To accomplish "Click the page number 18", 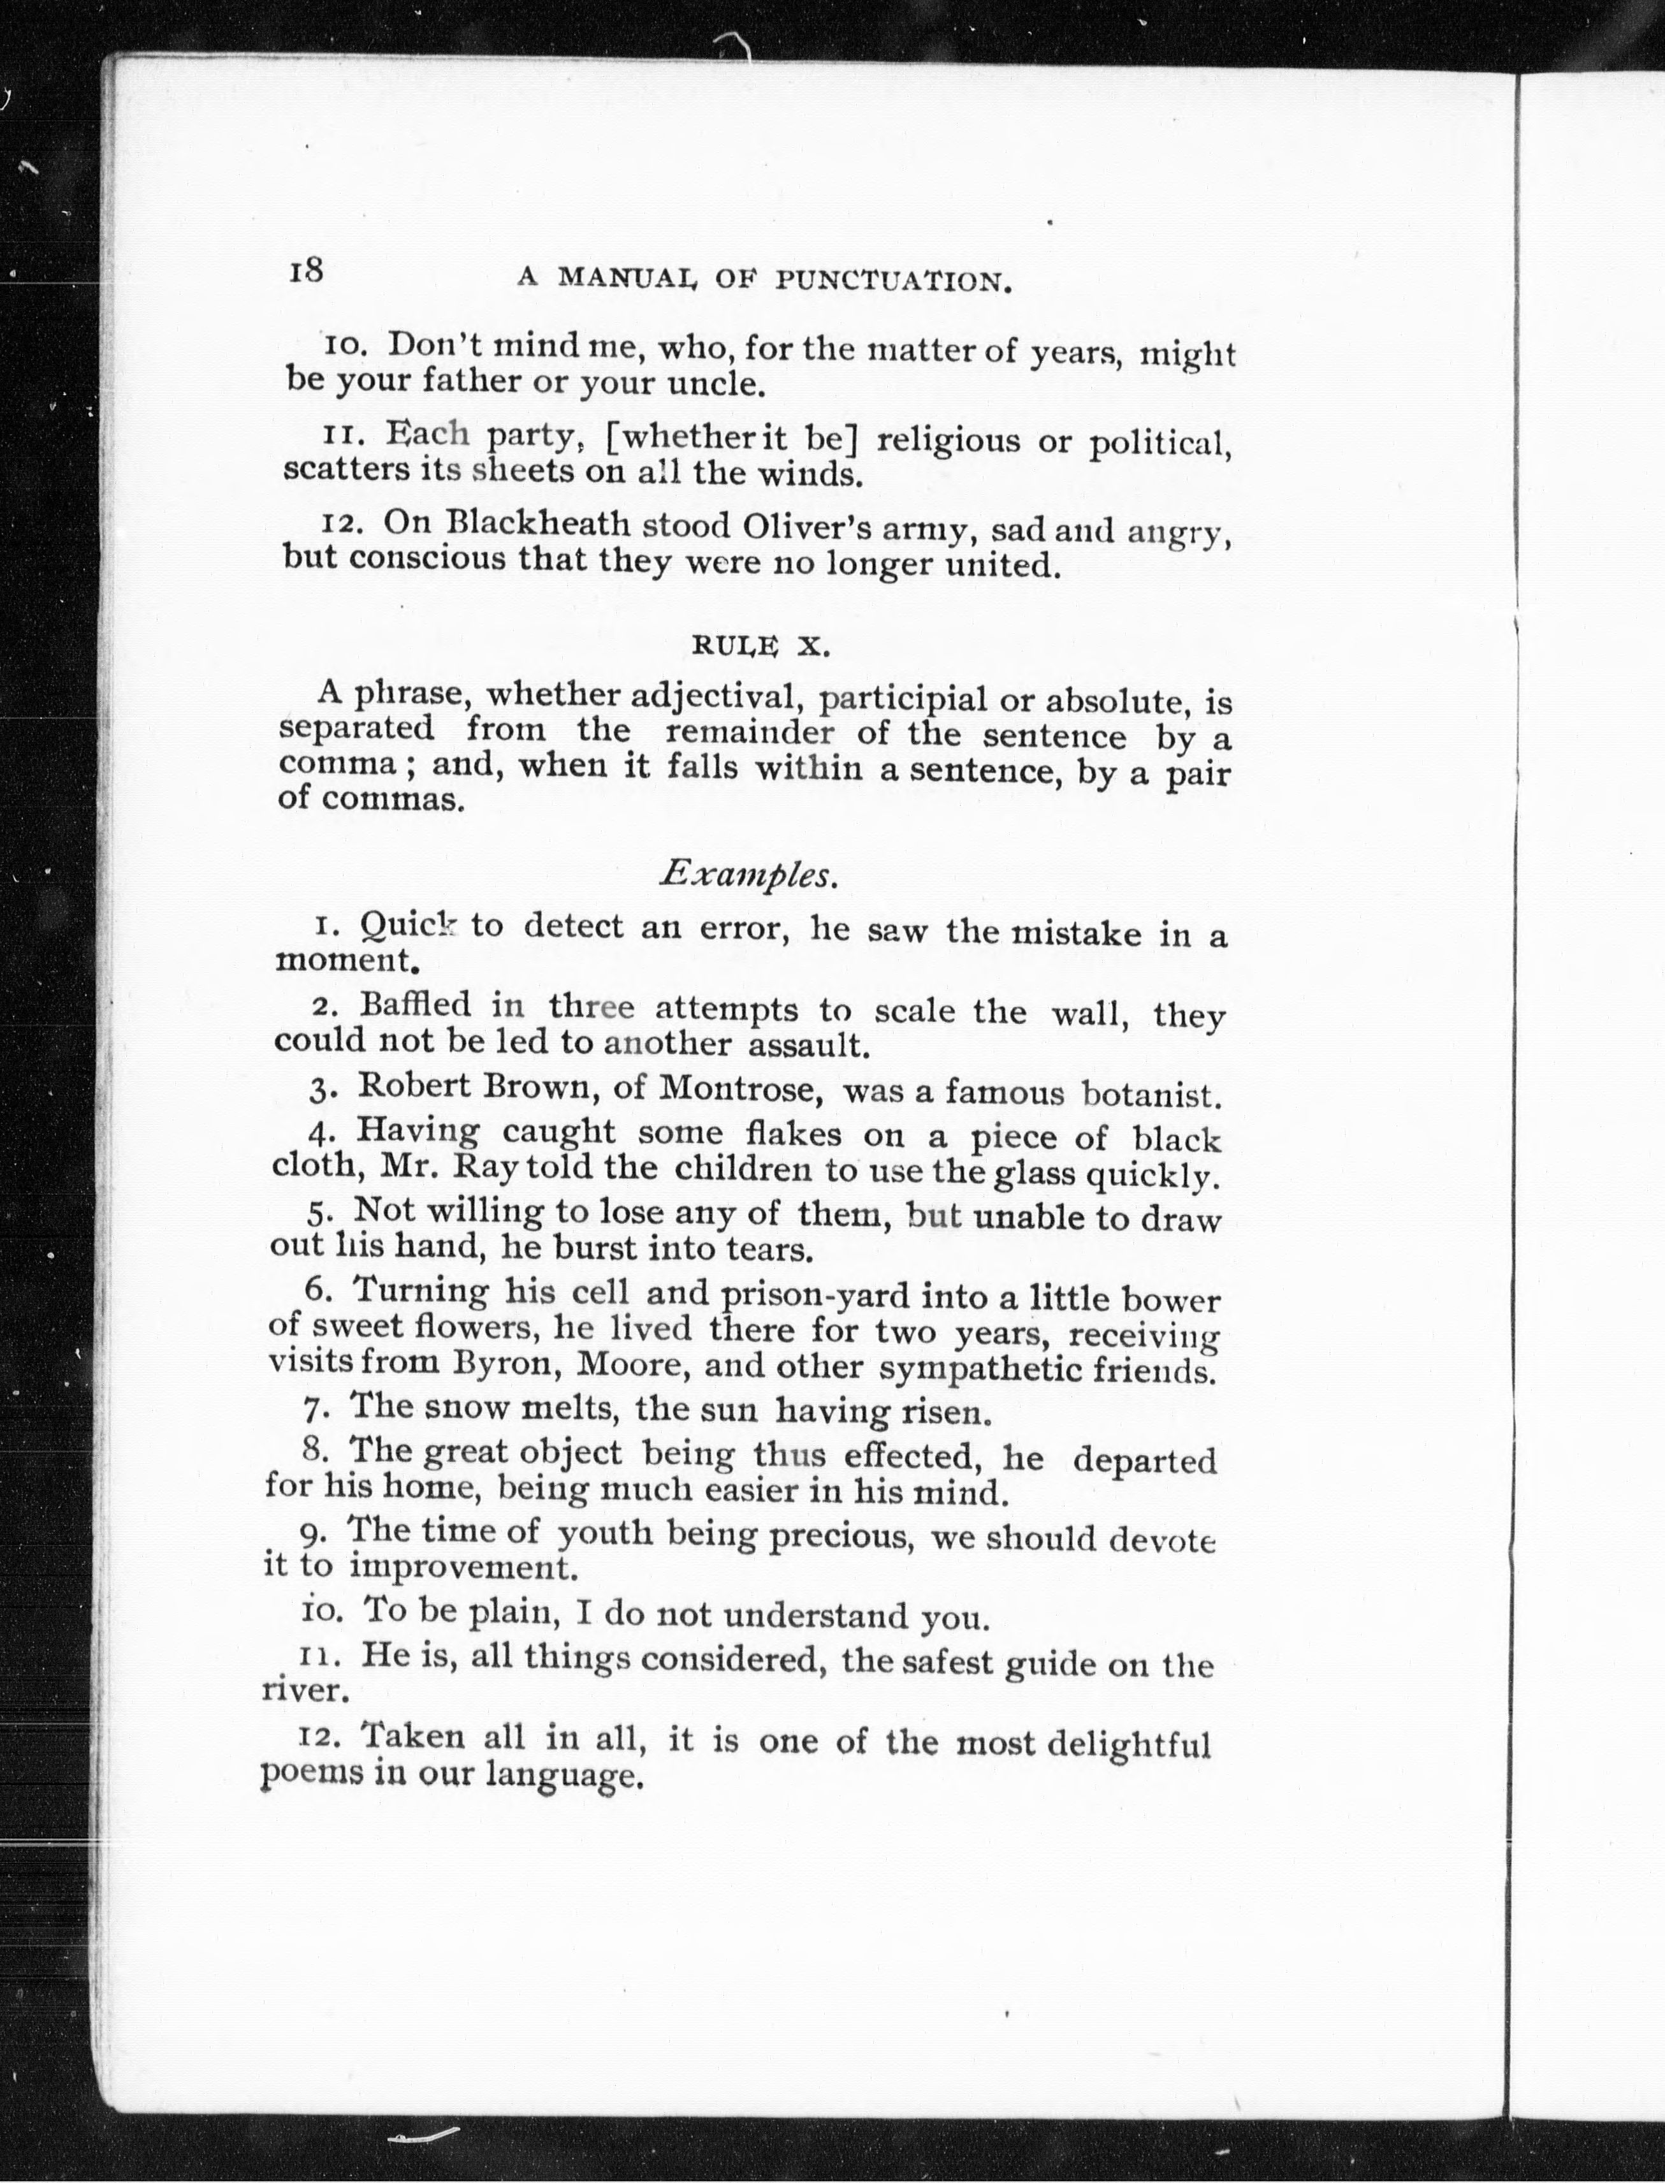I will (x=306, y=270).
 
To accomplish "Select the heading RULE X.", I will (x=759, y=646).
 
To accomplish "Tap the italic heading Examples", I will (x=750, y=873).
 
